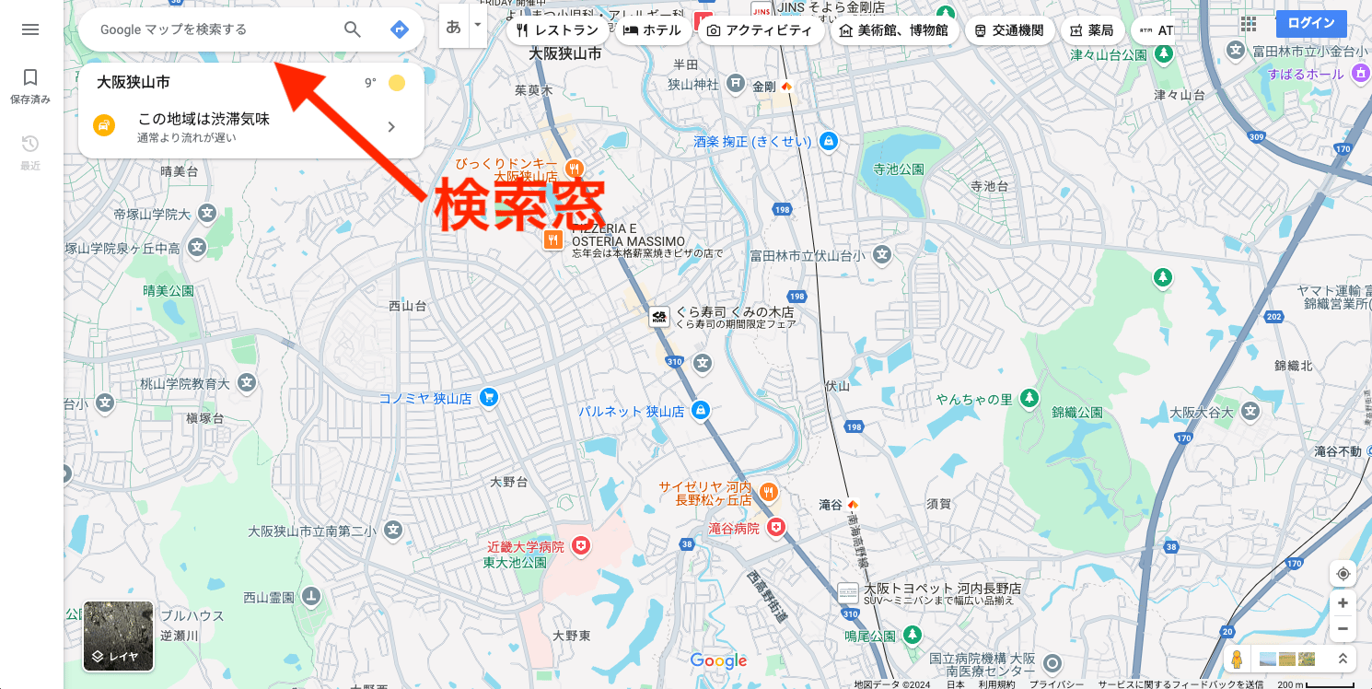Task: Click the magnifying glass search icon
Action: [x=353, y=29]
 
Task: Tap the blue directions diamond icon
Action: [x=399, y=29]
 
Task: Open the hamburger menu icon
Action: [x=30, y=29]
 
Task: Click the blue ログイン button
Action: [x=1311, y=24]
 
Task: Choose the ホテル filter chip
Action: [x=652, y=30]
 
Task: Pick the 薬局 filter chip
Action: [x=1091, y=30]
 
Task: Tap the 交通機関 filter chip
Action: [x=1008, y=30]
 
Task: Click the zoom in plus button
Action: [x=1343, y=602]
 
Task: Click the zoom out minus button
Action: [x=1343, y=629]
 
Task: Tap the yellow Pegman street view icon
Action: [x=1237, y=660]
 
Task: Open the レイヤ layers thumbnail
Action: [x=118, y=636]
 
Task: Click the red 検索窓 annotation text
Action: [x=519, y=203]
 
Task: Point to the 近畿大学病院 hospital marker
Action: [x=580, y=547]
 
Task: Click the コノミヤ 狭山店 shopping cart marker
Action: [x=489, y=399]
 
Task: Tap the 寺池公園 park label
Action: [x=898, y=169]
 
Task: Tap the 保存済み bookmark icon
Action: [x=30, y=77]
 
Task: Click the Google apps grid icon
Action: [x=1249, y=24]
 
